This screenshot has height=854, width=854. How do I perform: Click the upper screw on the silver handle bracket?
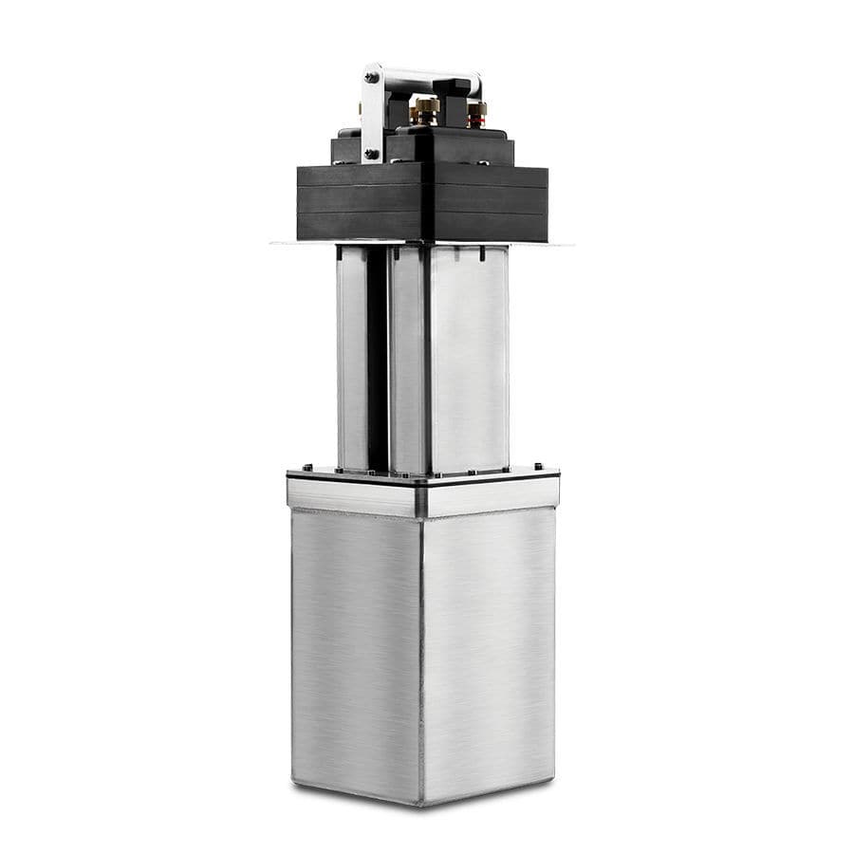point(372,77)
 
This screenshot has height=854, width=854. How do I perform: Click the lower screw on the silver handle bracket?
point(372,152)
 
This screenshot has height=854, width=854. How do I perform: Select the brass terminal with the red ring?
point(474,113)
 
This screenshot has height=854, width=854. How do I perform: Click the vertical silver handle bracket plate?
point(372,114)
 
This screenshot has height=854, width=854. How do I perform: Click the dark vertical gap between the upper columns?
point(377,361)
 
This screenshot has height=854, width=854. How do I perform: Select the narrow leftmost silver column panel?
point(351,361)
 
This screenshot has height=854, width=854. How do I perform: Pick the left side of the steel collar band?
point(353,496)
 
